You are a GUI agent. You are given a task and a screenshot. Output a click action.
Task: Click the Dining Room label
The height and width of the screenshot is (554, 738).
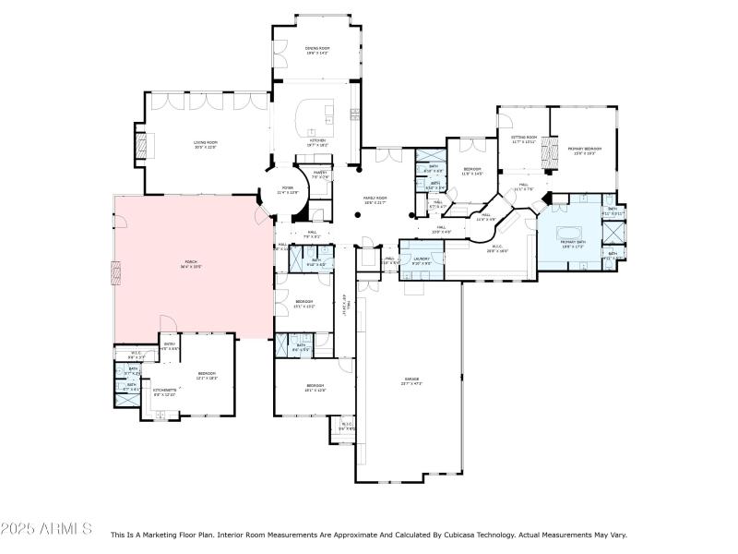coord(317,50)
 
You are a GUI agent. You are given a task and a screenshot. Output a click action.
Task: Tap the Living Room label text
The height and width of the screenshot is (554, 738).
coord(205,144)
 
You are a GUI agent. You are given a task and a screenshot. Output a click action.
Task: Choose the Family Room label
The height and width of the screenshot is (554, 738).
coord(375,199)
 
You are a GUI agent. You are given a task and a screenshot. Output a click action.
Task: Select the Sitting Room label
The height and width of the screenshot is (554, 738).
coord(524,139)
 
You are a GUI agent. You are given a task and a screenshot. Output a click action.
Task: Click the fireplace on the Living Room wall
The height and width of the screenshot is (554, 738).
coord(141,145)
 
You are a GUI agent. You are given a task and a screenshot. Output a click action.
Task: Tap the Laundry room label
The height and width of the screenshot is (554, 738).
coord(422,260)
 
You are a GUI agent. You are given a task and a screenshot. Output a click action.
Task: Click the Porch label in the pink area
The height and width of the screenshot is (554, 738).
coord(191,264)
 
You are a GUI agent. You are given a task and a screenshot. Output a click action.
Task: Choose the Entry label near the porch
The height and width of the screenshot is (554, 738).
coord(170,346)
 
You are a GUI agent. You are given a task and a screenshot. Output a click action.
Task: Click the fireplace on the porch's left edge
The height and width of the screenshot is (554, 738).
coord(115,272)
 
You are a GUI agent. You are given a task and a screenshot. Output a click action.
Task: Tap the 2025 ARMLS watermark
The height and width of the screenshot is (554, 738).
coord(46,529)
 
